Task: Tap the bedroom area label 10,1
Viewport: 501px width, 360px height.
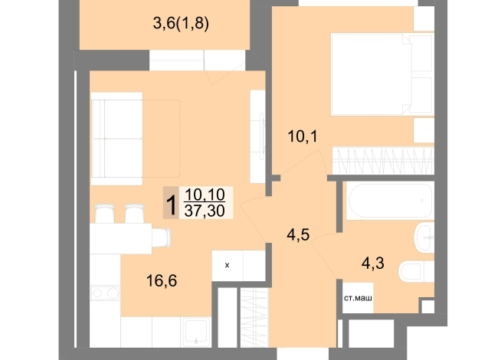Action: pyautogui.click(x=303, y=136)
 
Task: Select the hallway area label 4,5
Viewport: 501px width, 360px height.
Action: pyautogui.click(x=298, y=235)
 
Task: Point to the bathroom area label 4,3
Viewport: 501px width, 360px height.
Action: pyautogui.click(x=373, y=263)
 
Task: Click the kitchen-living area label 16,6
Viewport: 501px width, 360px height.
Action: pyautogui.click(x=162, y=281)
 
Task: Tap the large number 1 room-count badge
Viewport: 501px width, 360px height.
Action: pyautogui.click(x=172, y=203)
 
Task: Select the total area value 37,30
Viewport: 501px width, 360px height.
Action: pyautogui.click(x=205, y=211)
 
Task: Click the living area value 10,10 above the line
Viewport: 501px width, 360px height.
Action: pyautogui.click(x=205, y=195)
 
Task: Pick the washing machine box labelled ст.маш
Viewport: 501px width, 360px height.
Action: pyautogui.click(x=358, y=298)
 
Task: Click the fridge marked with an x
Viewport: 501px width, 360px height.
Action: pyautogui.click(x=228, y=266)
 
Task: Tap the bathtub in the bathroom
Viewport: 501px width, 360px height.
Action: pyautogui.click(x=390, y=201)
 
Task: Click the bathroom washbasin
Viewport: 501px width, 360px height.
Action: pyautogui.click(x=424, y=237)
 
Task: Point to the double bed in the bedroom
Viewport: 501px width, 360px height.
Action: pyautogui.click(x=382, y=74)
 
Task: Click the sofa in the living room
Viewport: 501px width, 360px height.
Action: pyautogui.click(x=116, y=139)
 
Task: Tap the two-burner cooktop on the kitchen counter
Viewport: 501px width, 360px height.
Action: pyautogui.click(x=105, y=293)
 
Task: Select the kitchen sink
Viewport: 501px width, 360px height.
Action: pyautogui.click(x=195, y=332)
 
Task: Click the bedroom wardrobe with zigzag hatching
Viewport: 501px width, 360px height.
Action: pyautogui.click(x=383, y=160)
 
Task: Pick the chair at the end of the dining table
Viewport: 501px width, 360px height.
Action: pyautogui.click(x=162, y=237)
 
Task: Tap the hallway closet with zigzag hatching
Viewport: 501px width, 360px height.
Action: pyautogui.click(x=254, y=318)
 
